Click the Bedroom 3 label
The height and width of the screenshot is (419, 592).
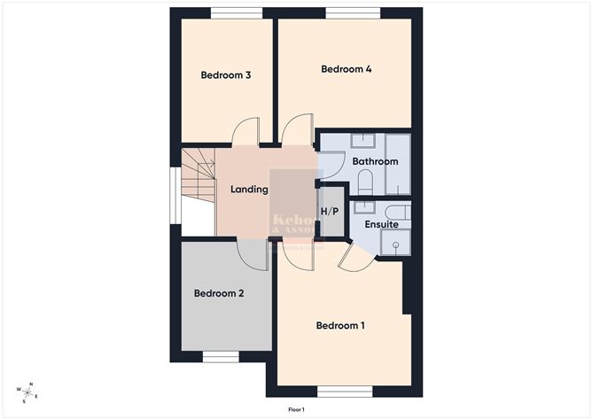click(x=226, y=75)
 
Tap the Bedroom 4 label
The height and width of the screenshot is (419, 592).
click(x=346, y=69)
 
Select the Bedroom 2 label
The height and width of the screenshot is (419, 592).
click(x=219, y=293)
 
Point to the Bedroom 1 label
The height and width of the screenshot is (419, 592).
click(x=340, y=326)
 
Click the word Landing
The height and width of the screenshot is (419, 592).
click(x=249, y=190)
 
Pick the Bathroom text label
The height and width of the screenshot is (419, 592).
click(x=375, y=162)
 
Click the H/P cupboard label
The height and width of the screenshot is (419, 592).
click(x=330, y=212)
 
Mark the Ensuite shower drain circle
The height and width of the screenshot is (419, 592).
click(x=396, y=244)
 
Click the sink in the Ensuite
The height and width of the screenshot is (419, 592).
click(x=363, y=209)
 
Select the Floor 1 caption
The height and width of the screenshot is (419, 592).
click(x=296, y=409)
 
